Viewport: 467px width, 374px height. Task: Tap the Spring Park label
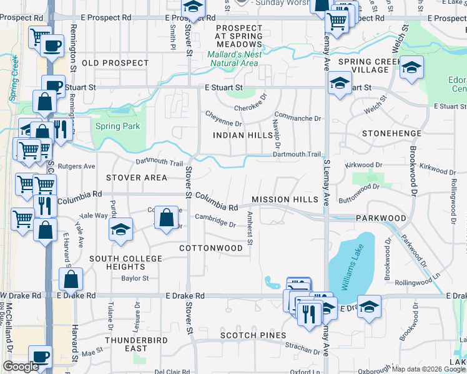click(x=117, y=127)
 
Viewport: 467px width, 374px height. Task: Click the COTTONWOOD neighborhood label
click(x=210, y=248)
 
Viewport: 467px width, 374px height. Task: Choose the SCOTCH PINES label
click(x=247, y=335)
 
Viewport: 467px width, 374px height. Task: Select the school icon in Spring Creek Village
click(x=411, y=68)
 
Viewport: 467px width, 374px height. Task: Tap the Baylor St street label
click(x=135, y=279)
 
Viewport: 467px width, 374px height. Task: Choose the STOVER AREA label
click(x=136, y=178)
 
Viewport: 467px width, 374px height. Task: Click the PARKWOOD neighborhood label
click(x=381, y=219)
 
